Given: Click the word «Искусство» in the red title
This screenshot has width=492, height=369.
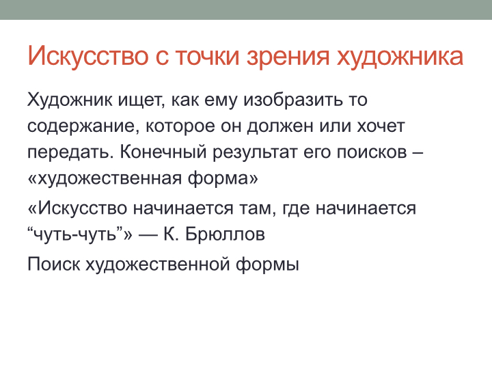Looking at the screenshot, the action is tap(88, 56).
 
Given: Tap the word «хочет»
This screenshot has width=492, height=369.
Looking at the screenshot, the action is tap(381, 126).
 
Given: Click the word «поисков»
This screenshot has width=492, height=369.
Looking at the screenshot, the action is tap(372, 152).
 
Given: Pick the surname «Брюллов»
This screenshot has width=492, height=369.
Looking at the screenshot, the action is tap(225, 234).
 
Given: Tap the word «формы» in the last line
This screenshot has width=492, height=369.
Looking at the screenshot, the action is tap(267, 265).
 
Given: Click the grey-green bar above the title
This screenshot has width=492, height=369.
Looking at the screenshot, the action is tap(246, 10).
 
